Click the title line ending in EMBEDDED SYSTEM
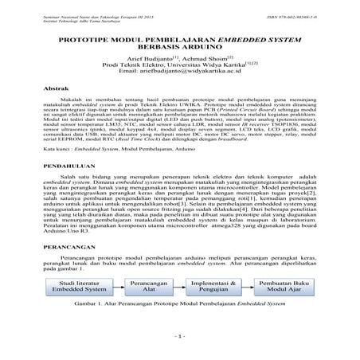[x=179, y=37]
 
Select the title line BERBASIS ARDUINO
[x=179, y=46]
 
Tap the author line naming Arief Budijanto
[x=179, y=60]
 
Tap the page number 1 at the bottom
[x=180, y=336]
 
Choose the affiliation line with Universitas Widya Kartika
[x=179, y=66]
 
